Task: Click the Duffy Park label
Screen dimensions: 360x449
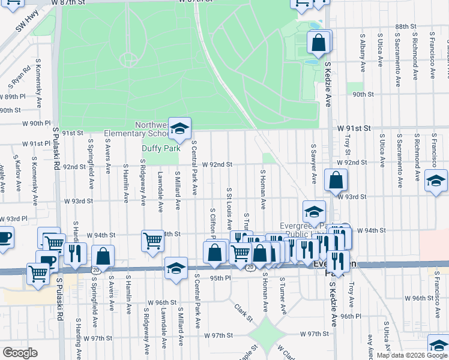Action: [x=160, y=148]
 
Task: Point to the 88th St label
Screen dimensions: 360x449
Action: [x=406, y=27]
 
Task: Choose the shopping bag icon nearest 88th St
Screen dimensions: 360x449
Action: [x=319, y=43]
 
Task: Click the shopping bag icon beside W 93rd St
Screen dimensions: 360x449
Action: [x=336, y=179]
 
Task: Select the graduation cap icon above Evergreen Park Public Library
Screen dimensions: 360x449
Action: [x=314, y=212]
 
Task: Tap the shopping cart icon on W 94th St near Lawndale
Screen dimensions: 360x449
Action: [x=152, y=241]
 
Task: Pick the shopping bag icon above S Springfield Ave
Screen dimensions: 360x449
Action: [x=103, y=256]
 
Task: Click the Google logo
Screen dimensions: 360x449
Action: [x=20, y=352]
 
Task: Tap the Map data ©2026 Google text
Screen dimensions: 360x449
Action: [x=411, y=355]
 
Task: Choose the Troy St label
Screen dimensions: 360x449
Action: [x=347, y=142]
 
